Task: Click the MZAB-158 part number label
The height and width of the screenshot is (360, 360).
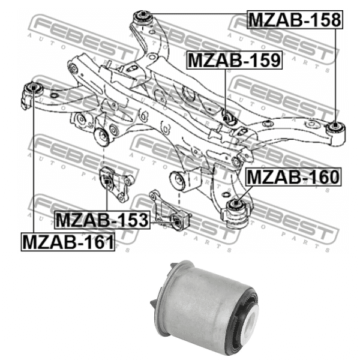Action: (x=295, y=20)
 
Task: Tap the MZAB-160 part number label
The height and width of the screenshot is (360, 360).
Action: (x=293, y=177)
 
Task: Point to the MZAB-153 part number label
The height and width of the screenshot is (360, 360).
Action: (x=101, y=220)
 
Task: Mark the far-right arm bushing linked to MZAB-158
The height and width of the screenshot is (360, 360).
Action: (x=335, y=127)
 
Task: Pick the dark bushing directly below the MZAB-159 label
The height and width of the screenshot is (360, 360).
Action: (x=227, y=115)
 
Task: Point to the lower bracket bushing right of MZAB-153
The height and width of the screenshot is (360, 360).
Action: (x=178, y=223)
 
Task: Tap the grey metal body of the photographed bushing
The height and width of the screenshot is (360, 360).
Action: (x=198, y=300)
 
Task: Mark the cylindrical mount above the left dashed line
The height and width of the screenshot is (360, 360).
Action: (x=103, y=137)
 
